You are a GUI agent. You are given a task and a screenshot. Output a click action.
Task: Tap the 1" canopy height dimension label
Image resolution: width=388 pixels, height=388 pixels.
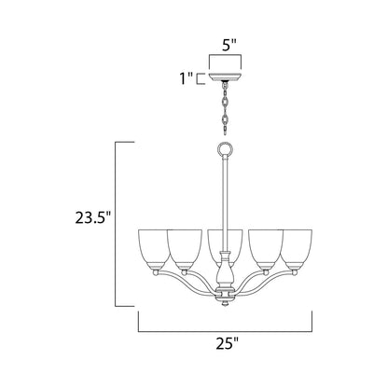point(187,80)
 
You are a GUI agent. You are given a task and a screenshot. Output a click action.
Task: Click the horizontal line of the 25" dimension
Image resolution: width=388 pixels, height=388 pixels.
point(224,332)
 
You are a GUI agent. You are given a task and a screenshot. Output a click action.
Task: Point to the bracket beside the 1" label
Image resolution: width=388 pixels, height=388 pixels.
point(200,80)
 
